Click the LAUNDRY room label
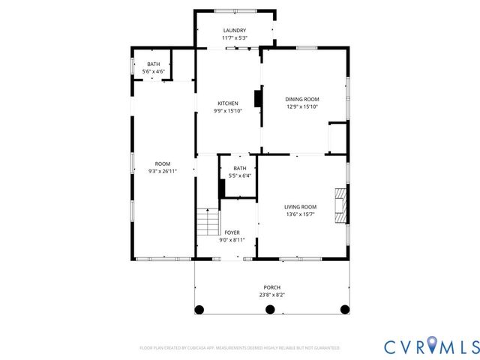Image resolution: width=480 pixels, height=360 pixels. [235, 30]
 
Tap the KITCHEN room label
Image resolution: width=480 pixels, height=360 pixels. [228, 103]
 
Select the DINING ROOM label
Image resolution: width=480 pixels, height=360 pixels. [302, 99]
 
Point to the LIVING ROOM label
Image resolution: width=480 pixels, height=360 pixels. [300, 207]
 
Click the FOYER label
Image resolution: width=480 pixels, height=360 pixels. [232, 232]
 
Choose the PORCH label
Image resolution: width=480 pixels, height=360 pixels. [271, 287]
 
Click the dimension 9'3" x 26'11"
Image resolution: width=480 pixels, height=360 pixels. [163, 172]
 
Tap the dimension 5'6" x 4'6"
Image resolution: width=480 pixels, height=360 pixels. [153, 71]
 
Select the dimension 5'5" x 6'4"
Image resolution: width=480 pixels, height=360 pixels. [239, 175]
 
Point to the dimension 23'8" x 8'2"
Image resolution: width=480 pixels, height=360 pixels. [271, 295]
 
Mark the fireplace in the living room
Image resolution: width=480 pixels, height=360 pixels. [341, 204]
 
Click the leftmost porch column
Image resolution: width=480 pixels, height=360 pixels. [199, 309]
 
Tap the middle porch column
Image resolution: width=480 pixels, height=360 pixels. [272, 309]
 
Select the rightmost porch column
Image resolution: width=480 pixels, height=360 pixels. [345, 309]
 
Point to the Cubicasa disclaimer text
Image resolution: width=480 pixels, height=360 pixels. [240, 348]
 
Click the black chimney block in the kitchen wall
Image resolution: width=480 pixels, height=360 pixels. [258, 100]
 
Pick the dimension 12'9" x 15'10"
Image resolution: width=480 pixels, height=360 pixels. [302, 106]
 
